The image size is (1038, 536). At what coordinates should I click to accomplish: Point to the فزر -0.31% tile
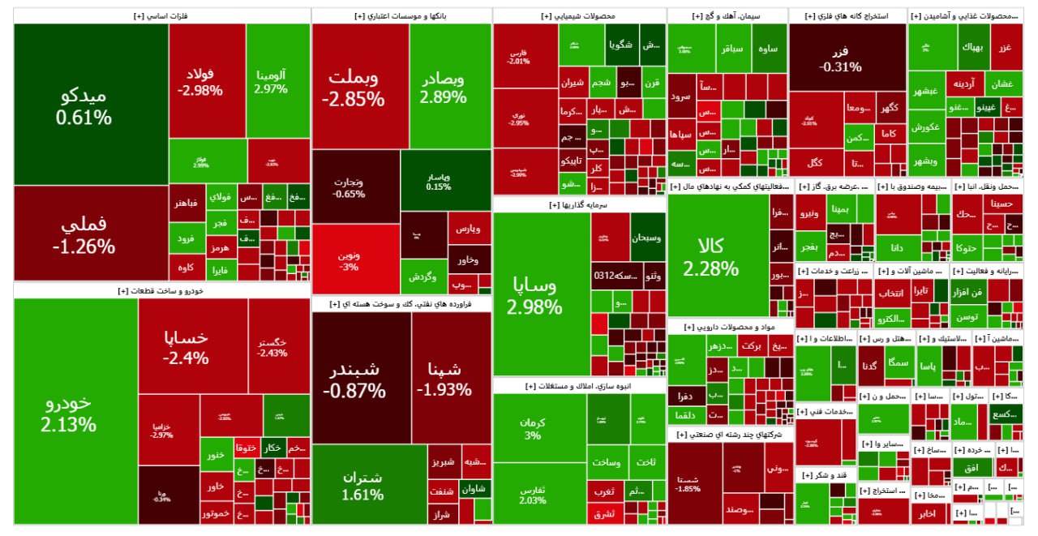click(x=847, y=57)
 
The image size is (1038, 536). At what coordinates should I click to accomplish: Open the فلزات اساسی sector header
click(x=162, y=15)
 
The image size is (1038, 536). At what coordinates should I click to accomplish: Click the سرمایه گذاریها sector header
click(x=580, y=205)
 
